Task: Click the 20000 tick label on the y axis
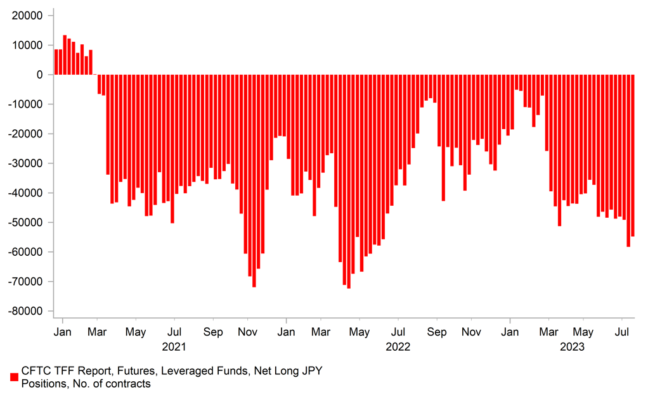point(28,16)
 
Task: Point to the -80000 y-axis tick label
point(26,312)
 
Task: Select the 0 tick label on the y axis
point(39,75)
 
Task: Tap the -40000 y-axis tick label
point(26,193)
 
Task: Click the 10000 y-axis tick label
point(28,46)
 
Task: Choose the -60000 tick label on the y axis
point(26,252)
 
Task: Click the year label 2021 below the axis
point(174,347)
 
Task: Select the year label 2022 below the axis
point(398,347)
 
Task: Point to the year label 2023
point(572,347)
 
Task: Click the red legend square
point(13,377)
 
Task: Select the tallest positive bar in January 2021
point(65,55)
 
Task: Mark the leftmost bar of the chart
point(56,62)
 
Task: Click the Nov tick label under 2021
point(247,332)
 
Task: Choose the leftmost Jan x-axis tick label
point(62,332)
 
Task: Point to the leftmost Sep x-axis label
point(214,332)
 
